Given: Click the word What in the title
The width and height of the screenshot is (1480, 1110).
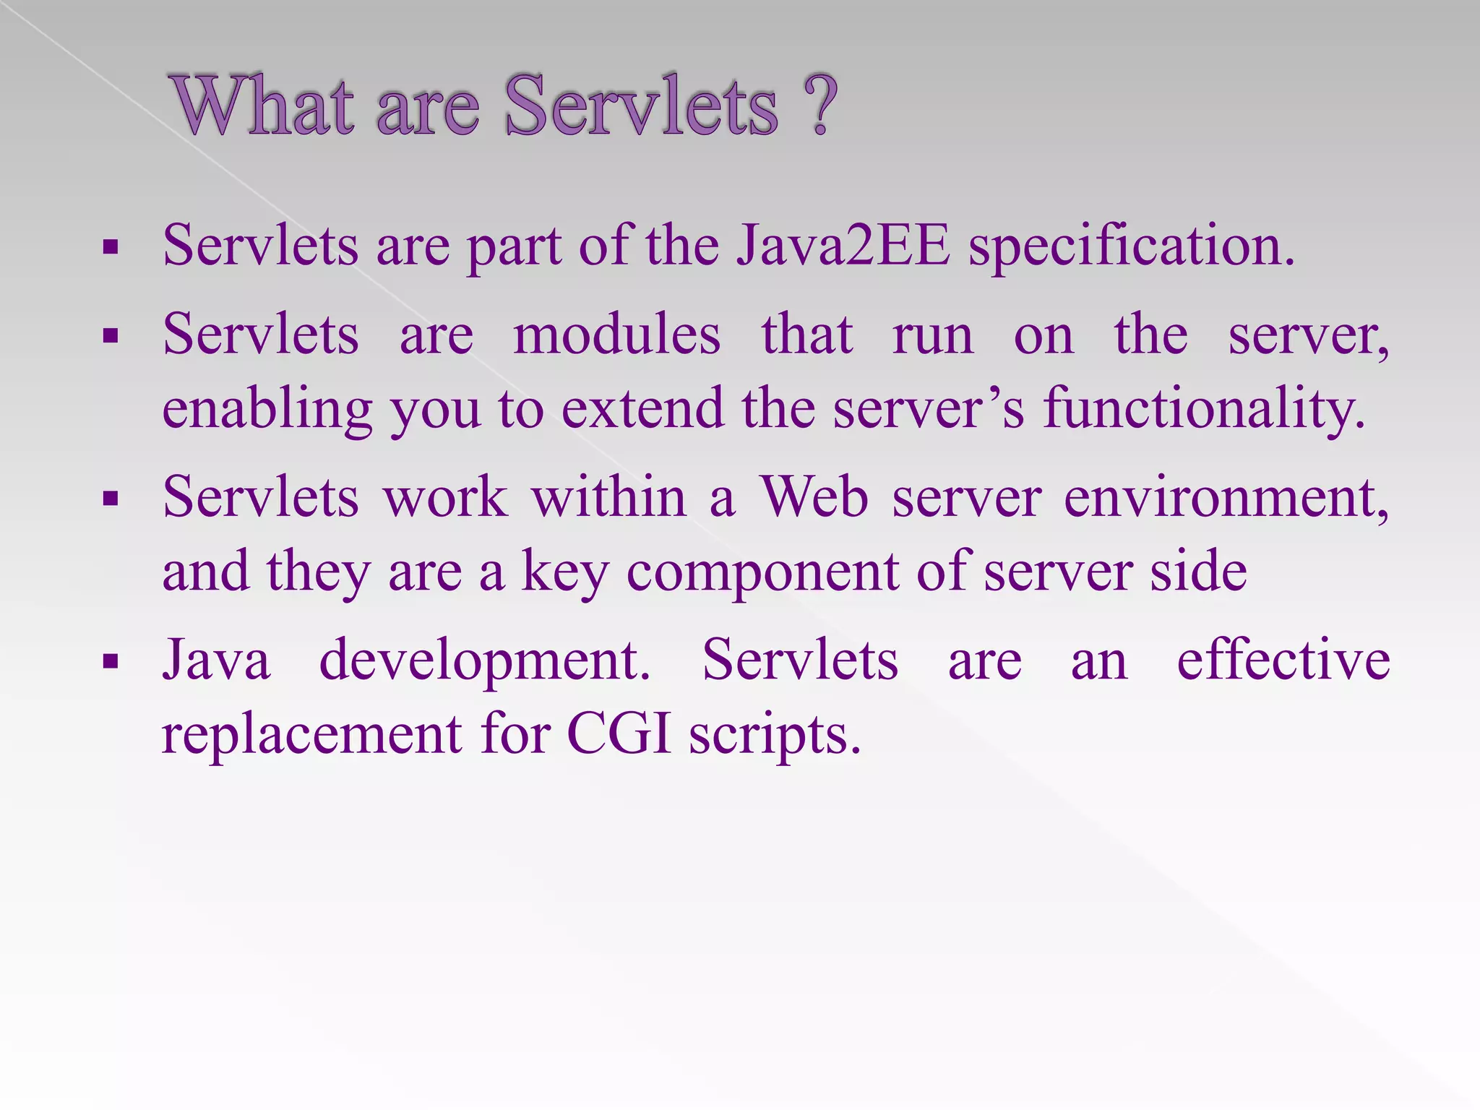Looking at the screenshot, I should [264, 106].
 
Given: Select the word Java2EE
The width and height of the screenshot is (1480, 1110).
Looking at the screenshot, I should [843, 246].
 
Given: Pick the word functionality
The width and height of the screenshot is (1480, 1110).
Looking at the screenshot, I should [1204, 409].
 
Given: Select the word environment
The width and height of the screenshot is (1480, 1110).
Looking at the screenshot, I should [1226, 499].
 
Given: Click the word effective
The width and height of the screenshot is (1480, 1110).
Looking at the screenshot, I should [1283, 660].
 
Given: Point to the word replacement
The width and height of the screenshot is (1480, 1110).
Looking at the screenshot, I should [311, 734].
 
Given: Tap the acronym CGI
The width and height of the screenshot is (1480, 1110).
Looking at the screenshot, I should [619, 734].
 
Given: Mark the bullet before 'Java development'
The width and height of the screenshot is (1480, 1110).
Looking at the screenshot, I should [111, 662].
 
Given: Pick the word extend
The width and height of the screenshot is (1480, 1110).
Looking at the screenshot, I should [642, 408].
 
